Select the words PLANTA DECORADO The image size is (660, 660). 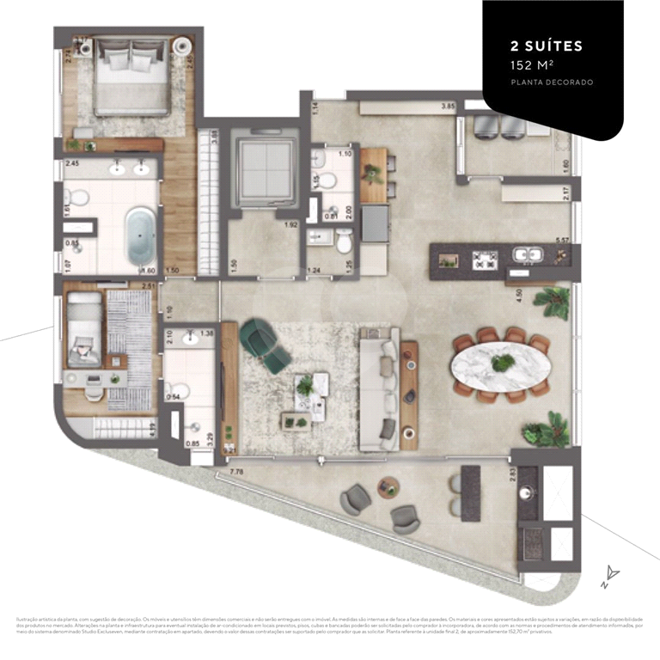(552, 82)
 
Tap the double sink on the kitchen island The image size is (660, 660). (526, 255)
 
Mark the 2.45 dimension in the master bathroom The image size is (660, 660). (72, 162)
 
